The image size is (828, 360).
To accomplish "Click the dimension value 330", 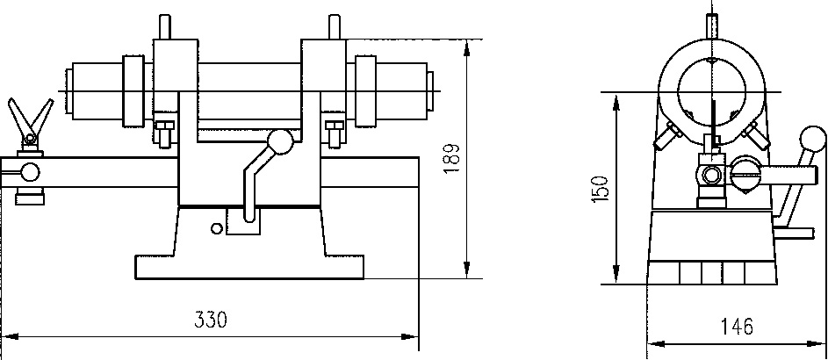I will [212, 320].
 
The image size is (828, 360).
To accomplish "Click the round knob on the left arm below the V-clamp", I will [30, 171].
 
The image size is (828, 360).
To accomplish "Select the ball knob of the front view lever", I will [280, 140].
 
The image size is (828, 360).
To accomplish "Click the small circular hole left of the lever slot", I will [215, 228].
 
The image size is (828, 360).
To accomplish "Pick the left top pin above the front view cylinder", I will [164, 26].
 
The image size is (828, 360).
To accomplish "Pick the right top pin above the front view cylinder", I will [333, 26].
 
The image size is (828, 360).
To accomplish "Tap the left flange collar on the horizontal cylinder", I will [133, 92].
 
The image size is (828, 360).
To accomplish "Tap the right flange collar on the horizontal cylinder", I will [365, 92].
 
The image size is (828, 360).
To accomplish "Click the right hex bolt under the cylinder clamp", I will [334, 133].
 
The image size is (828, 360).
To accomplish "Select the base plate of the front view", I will [248, 266].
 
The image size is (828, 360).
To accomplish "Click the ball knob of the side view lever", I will [813, 140].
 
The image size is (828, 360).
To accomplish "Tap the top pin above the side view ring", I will [712, 23].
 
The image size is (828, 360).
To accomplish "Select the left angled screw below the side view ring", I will [668, 136].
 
